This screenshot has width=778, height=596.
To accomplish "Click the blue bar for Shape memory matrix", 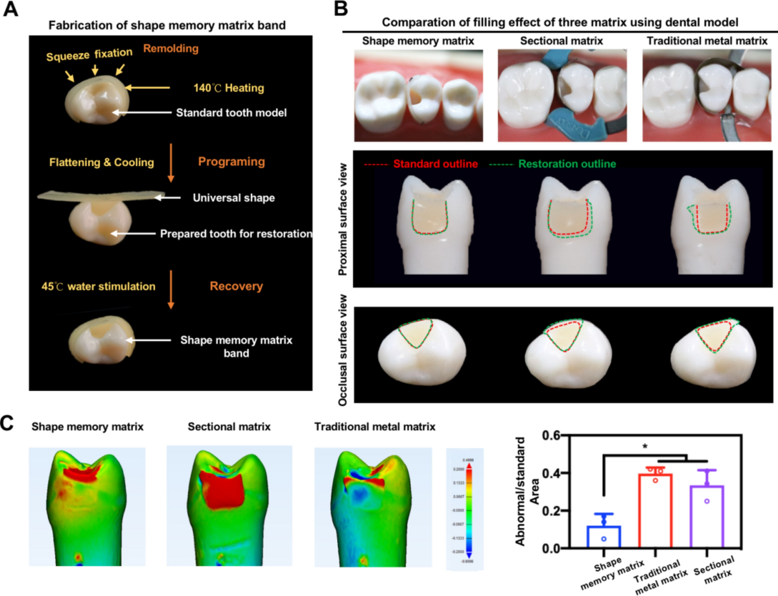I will [x=603, y=536].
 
